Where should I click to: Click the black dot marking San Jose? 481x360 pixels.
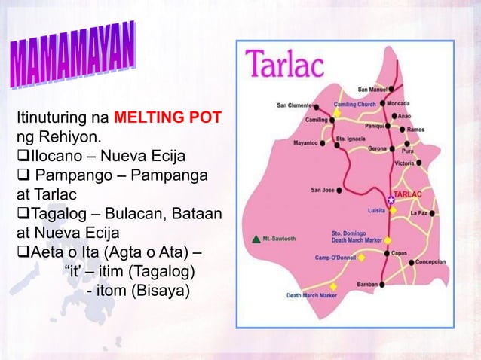click(340, 190)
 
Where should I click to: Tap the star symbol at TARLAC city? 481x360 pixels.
click(391, 199)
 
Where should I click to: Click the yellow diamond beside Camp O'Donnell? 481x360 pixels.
click(362, 257)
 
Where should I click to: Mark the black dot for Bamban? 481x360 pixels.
click(382, 284)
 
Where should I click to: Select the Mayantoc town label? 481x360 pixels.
click(305, 141)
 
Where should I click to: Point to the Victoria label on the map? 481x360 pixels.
click(404, 162)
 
